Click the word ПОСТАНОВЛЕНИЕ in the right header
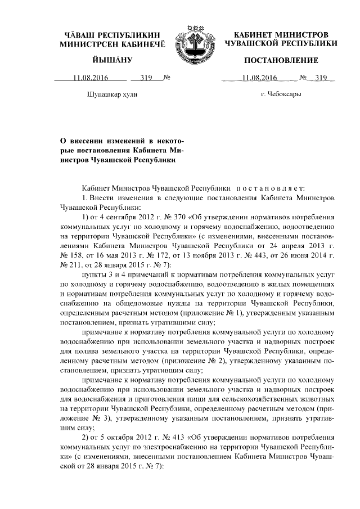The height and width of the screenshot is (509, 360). click(x=281, y=60)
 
